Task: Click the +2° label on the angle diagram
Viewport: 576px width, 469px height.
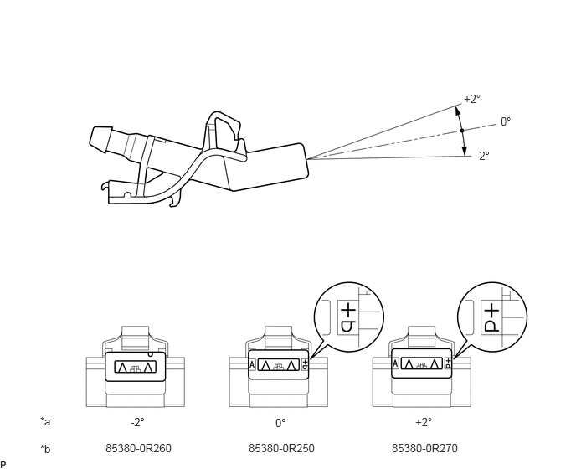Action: (472, 99)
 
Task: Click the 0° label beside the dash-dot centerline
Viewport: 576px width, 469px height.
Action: (506, 121)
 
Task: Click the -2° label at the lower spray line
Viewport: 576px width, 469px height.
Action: (482, 157)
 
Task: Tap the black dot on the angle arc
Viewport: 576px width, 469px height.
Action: (462, 131)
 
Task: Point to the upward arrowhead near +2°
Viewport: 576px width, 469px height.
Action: (458, 111)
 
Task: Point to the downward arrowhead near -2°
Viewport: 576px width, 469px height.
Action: (465, 151)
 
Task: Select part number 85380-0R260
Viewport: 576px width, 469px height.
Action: (138, 448)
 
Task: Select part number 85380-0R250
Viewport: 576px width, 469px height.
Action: (281, 448)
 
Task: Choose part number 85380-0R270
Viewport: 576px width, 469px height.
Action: (424, 448)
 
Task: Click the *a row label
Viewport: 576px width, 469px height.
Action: (45, 421)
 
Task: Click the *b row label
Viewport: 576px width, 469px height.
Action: (45, 449)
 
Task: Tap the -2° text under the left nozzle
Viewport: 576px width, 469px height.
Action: (137, 423)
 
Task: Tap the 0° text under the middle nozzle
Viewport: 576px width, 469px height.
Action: (280, 423)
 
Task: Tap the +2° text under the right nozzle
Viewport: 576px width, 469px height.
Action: (424, 422)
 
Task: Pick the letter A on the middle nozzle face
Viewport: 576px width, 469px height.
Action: (252, 365)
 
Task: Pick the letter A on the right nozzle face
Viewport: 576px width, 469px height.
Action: (395, 363)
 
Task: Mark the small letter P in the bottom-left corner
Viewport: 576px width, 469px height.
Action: (3, 465)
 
